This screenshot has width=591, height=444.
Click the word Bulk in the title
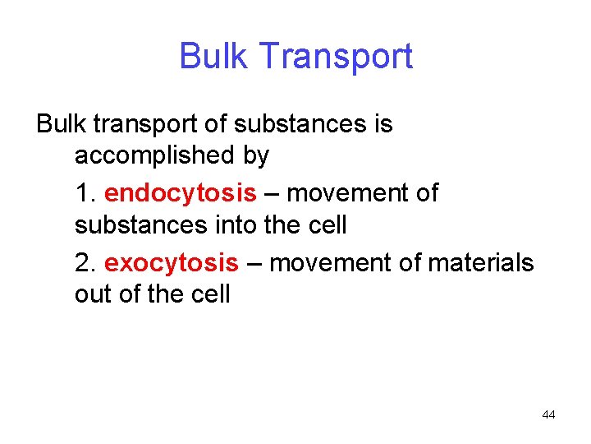click(208, 57)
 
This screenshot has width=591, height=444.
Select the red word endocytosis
click(181, 194)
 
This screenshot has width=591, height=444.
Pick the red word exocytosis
click(172, 263)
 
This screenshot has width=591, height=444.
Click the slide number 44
click(548, 415)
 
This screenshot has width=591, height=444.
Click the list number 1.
click(84, 194)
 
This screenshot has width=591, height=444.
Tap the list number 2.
click(84, 263)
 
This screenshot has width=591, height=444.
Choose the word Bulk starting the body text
click(61, 125)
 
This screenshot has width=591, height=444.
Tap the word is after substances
click(383, 125)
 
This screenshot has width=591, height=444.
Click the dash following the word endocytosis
click(272, 194)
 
